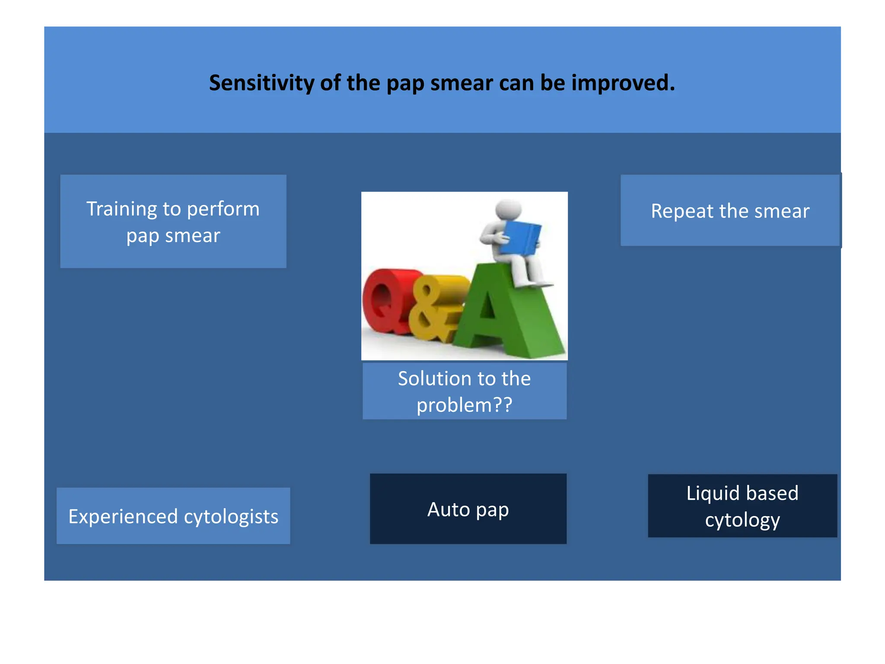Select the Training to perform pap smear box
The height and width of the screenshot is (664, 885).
click(x=173, y=221)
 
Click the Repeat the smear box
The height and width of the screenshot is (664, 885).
click(x=730, y=211)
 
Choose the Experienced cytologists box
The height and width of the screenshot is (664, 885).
click(x=173, y=516)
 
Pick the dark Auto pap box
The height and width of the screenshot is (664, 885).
click(x=468, y=509)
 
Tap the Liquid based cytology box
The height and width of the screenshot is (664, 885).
click(x=742, y=506)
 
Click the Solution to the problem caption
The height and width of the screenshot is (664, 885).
click(x=464, y=391)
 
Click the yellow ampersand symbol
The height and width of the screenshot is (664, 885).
click(x=432, y=309)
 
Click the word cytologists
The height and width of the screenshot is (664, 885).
click(x=231, y=517)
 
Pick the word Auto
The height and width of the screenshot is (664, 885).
click(x=448, y=509)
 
